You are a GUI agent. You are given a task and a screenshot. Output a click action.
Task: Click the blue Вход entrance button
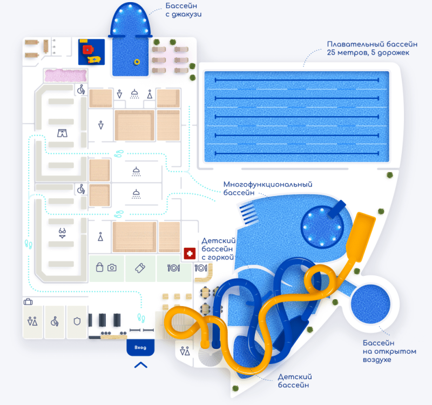(x=140, y=347)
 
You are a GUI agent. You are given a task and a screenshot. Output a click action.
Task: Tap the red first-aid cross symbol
(x=190, y=253)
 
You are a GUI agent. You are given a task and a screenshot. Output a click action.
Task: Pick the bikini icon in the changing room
(x=63, y=233)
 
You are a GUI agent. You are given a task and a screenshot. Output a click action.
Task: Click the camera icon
(x=112, y=267)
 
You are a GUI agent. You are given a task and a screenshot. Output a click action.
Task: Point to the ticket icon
(x=140, y=268)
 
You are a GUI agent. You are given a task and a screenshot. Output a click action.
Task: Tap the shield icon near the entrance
(x=77, y=321)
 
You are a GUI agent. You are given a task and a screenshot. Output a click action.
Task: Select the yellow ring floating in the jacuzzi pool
(x=137, y=62)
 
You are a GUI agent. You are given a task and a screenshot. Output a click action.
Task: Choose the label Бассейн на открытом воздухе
(x=386, y=351)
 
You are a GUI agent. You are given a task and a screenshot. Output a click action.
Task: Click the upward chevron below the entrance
(x=140, y=365)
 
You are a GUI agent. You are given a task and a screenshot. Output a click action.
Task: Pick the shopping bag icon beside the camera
(x=99, y=267)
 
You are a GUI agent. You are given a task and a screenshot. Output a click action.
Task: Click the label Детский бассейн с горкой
(x=220, y=249)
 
